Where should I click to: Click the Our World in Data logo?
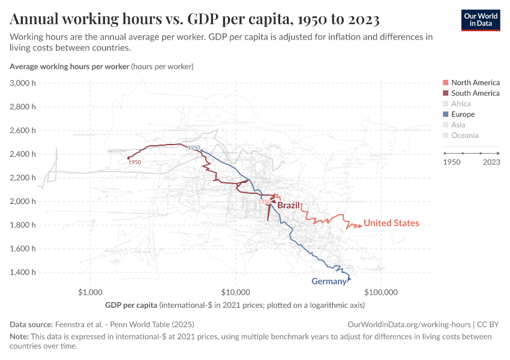pos(480,20)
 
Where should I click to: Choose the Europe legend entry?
pos(463,114)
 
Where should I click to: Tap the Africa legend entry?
pos(461,104)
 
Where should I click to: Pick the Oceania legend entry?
pos(464,135)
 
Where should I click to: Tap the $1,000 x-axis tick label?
pos(90,293)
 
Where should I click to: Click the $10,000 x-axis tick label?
pos(236,293)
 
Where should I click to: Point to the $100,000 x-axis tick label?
pos(381,293)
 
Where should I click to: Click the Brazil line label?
pos(288,205)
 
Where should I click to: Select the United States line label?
pos(391,223)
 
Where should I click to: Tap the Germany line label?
pos(329,281)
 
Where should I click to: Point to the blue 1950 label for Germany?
pos(193,148)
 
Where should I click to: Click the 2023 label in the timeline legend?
pos(491,162)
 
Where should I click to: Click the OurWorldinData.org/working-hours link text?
pos(403,324)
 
